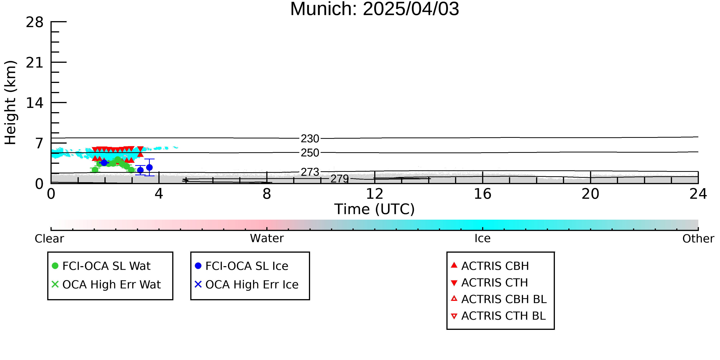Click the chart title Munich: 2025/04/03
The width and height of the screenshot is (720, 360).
(x=375, y=9)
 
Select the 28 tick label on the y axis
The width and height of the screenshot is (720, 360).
(x=35, y=22)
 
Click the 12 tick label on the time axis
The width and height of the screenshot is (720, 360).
(x=375, y=194)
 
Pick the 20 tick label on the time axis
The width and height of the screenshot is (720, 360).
(x=590, y=194)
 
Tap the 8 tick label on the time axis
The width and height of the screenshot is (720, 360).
(x=267, y=194)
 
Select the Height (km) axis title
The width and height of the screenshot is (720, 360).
(x=11, y=103)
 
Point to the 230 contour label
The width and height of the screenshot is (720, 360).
(x=310, y=139)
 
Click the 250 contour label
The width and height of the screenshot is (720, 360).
(x=310, y=153)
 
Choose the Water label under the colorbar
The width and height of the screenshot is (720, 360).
(x=267, y=238)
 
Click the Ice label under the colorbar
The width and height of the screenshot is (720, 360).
(x=482, y=238)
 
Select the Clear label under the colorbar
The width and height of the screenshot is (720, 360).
(x=49, y=239)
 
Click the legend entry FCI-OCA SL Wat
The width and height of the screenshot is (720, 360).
(x=101, y=266)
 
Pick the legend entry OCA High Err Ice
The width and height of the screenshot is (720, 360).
(x=247, y=285)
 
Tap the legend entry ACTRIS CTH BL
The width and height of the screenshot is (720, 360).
(x=498, y=316)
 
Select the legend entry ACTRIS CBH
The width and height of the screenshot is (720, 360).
(x=490, y=266)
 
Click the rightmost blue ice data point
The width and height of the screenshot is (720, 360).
(x=150, y=167)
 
